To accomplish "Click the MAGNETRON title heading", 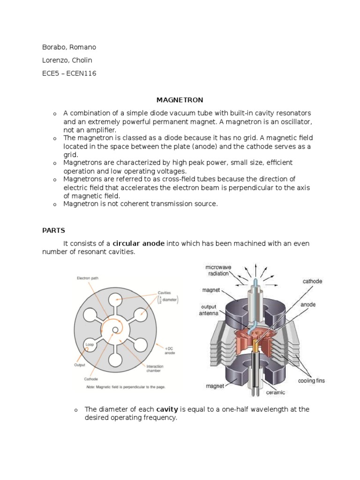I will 180,100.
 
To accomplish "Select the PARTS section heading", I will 53,231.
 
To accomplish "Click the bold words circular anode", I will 138,243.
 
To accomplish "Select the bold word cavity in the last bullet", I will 167,409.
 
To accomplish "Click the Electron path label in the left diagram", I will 88,278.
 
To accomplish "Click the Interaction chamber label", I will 155,369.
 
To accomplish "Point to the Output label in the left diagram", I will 79,364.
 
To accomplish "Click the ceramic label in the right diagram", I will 276,392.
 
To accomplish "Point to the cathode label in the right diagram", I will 312,281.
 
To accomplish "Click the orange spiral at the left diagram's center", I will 114,330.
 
